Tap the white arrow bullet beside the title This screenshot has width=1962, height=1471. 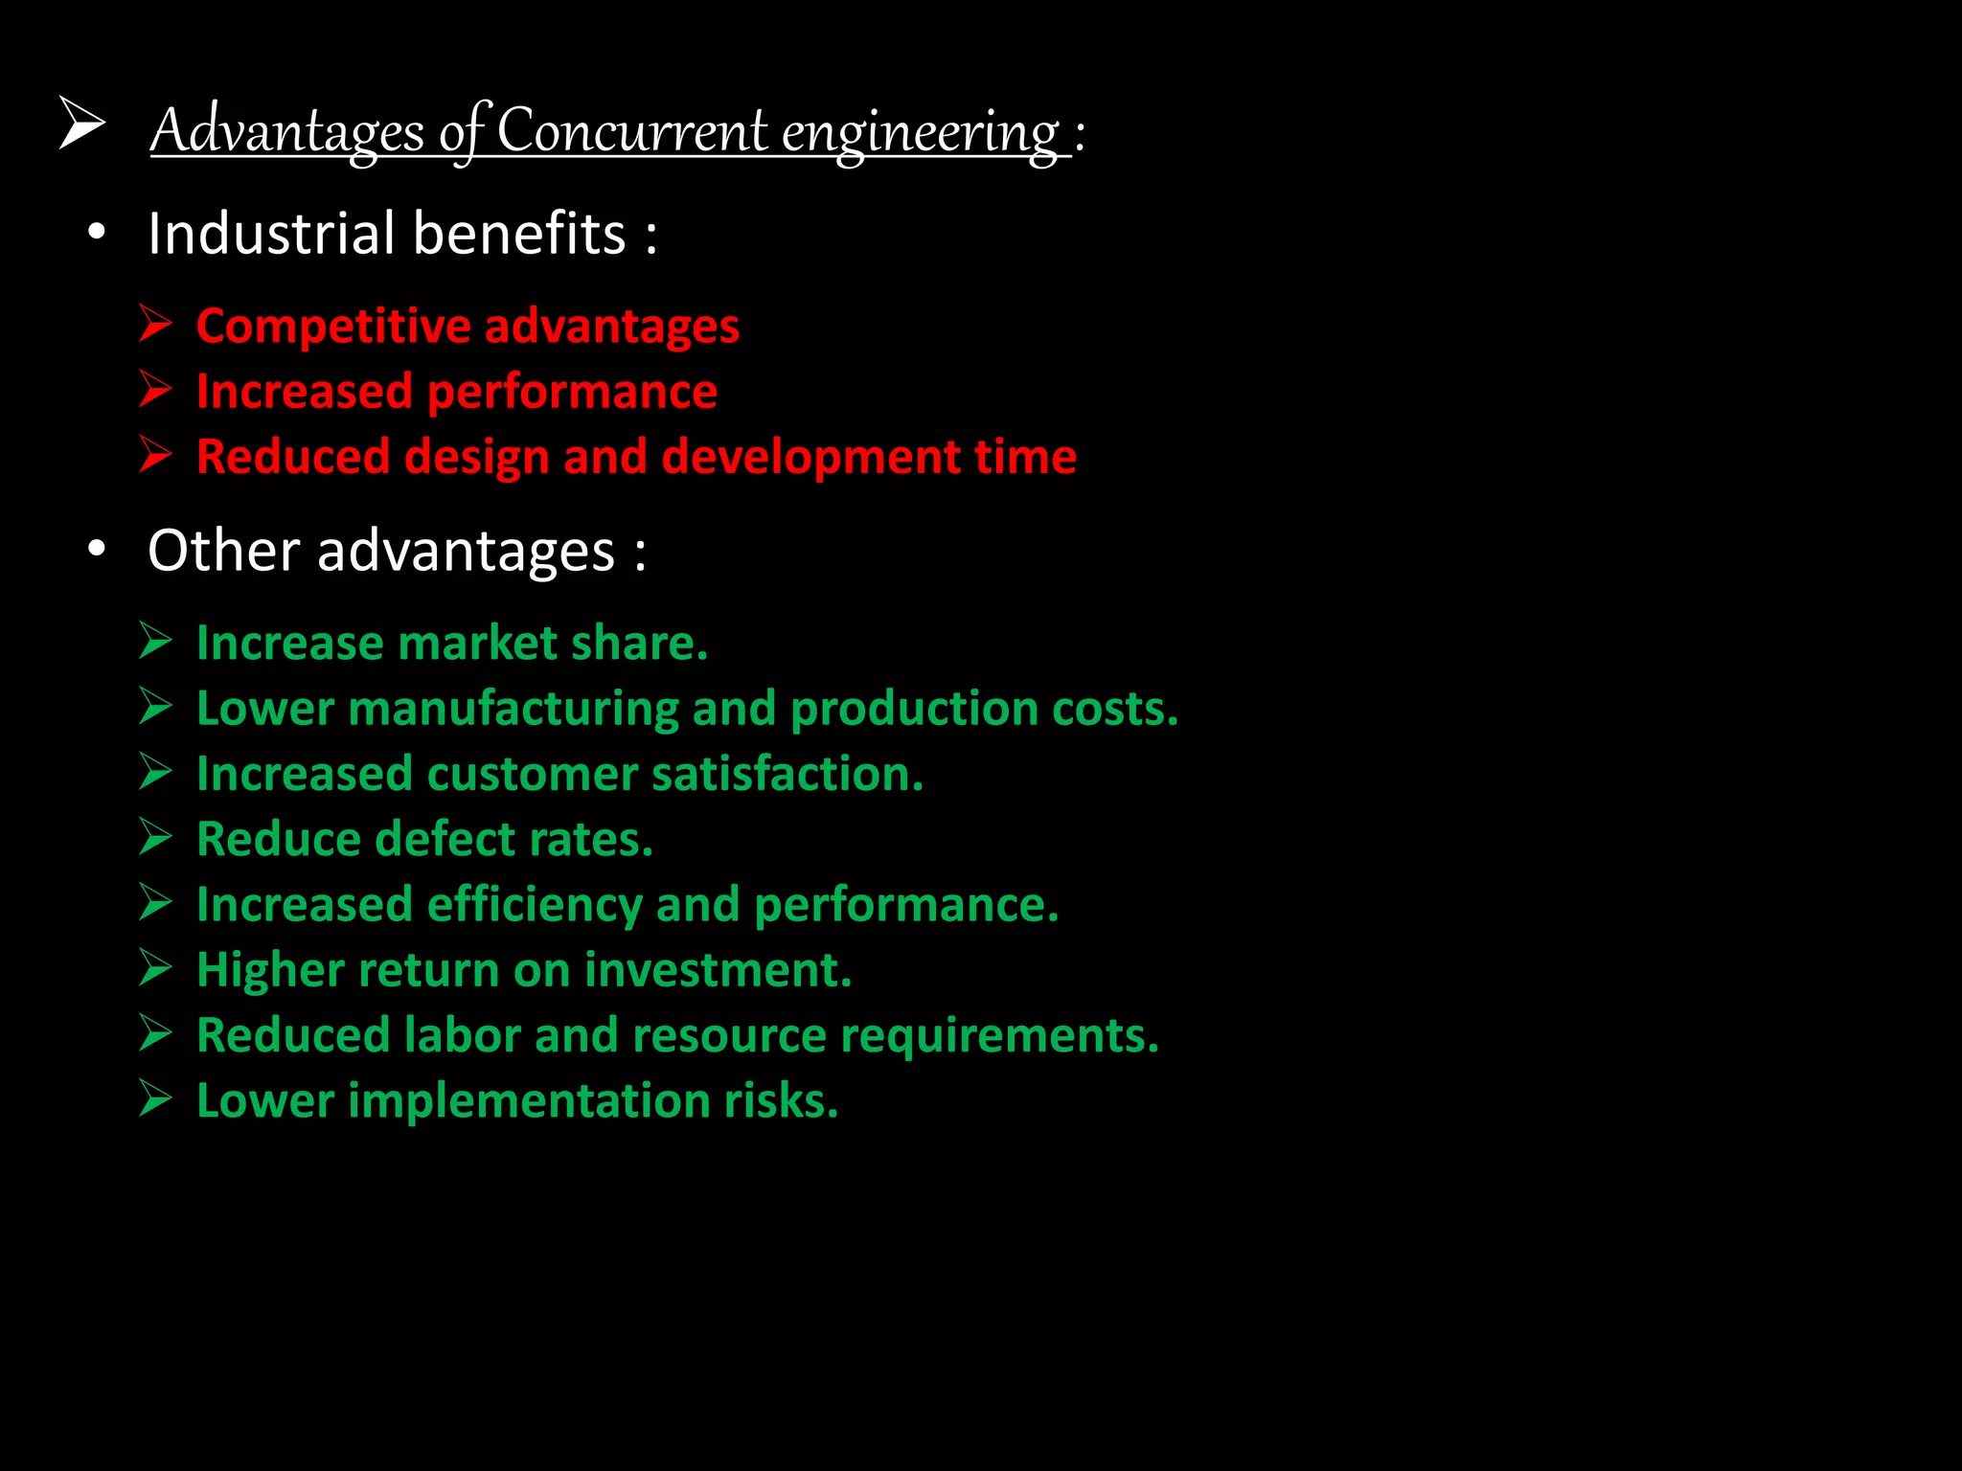coord(81,124)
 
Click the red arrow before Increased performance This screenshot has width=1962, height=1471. coord(155,389)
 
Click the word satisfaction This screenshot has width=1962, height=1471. coord(787,774)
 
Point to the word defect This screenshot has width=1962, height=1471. coord(445,839)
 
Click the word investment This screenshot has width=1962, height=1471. coord(718,969)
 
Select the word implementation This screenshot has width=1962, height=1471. coord(528,1100)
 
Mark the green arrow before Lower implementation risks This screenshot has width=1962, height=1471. coord(155,1098)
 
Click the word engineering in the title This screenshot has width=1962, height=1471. coord(921,132)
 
